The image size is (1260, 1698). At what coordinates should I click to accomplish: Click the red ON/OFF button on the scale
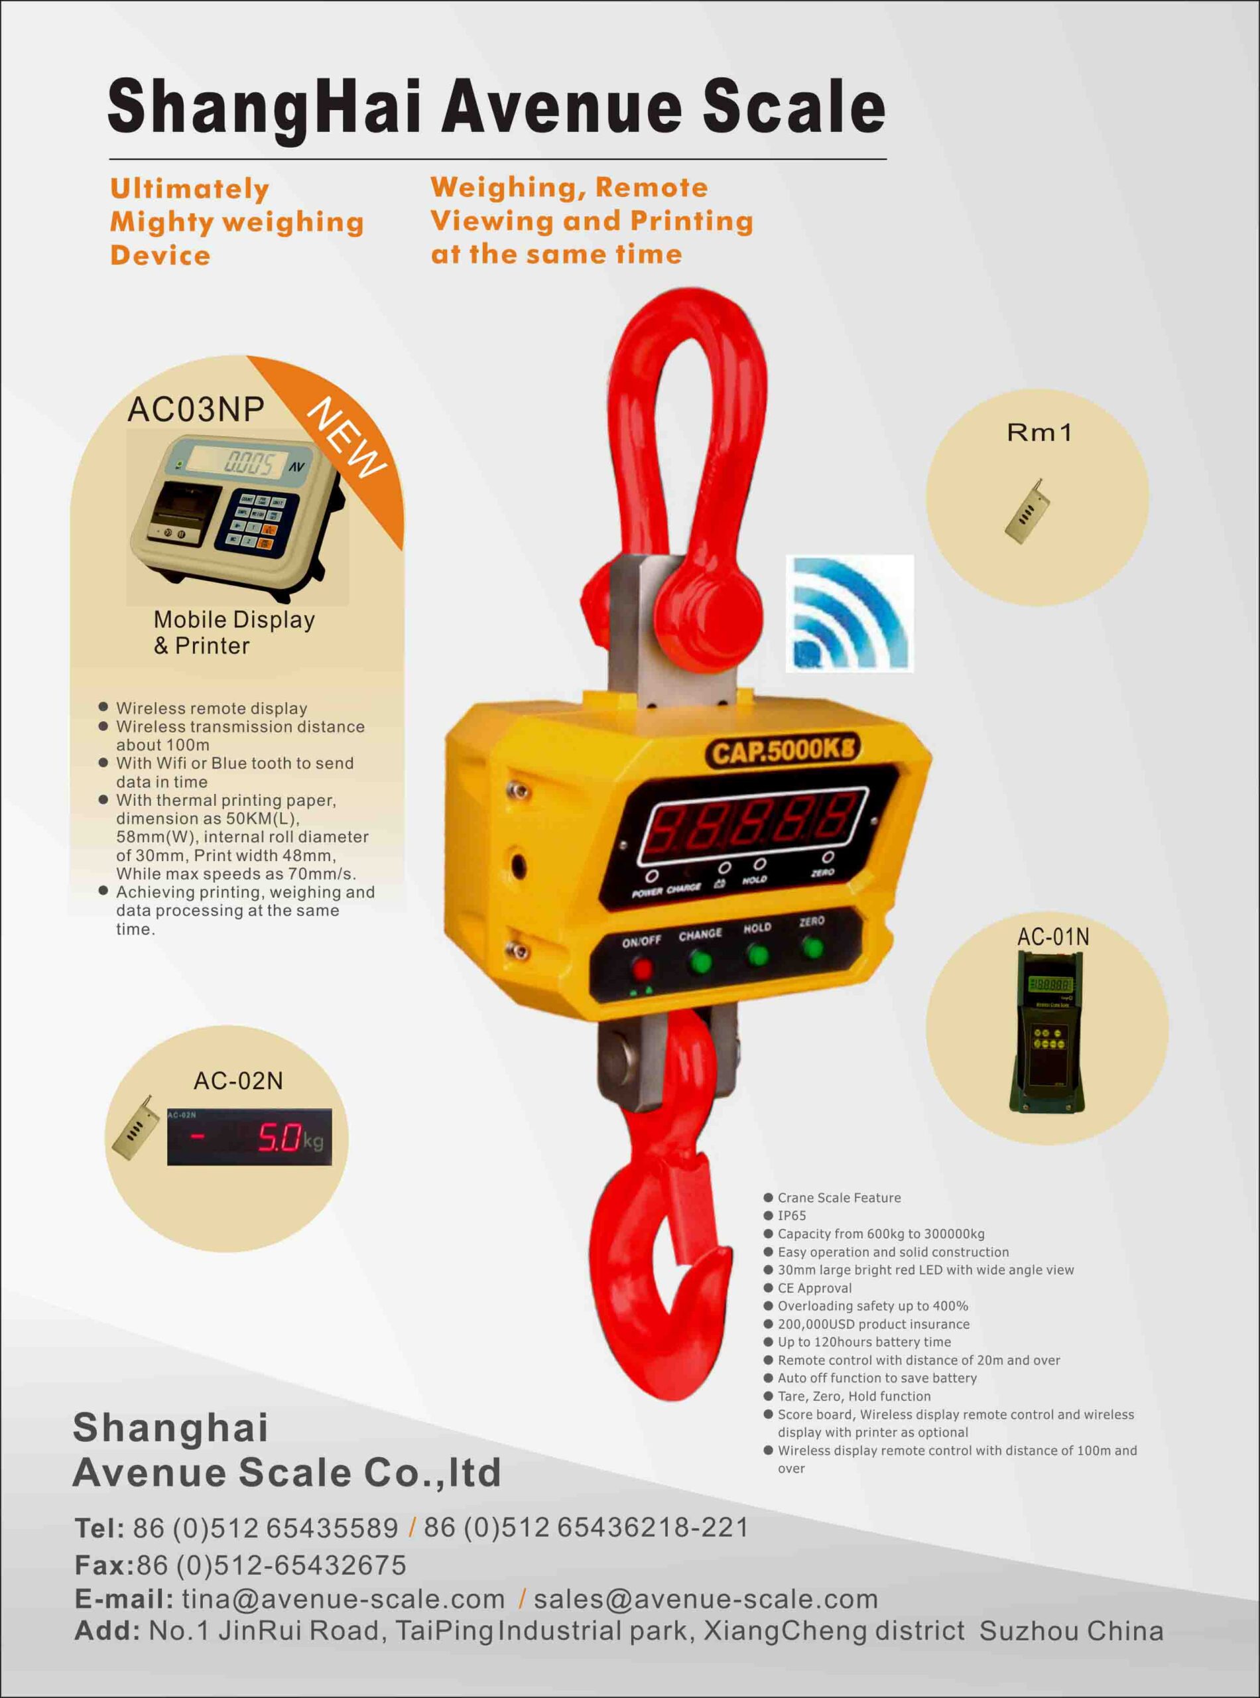tap(642, 970)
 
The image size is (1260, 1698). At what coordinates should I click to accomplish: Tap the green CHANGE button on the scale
tap(700, 962)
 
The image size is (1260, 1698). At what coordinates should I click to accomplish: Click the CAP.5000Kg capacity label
tap(783, 752)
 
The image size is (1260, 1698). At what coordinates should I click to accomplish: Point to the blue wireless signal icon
tap(850, 614)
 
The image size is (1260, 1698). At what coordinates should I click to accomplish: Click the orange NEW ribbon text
tap(347, 438)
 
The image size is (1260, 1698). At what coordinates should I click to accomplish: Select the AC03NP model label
tap(196, 410)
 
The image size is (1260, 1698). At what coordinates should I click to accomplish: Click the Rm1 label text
tap(1040, 433)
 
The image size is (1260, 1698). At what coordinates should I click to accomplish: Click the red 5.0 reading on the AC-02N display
tap(279, 1138)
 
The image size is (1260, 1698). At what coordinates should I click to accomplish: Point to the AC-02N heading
tap(238, 1081)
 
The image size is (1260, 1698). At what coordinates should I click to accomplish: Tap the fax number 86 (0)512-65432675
tap(271, 1565)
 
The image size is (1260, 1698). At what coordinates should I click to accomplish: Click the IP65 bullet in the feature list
tap(792, 1216)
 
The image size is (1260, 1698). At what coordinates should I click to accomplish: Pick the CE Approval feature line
tap(814, 1288)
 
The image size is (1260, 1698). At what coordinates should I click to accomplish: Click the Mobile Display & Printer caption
tap(234, 632)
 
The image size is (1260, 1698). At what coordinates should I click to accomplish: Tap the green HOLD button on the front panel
tap(757, 955)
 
